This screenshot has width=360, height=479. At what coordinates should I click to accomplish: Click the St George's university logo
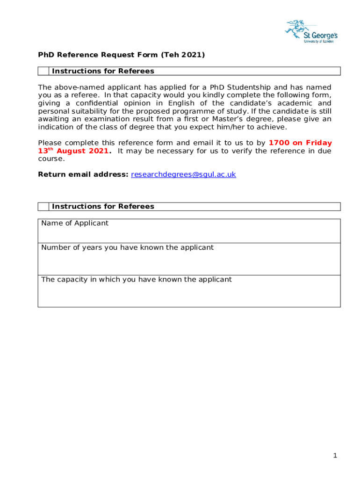pyautogui.click(x=311, y=31)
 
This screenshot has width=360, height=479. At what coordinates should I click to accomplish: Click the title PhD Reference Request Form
pyautogui.click(x=99, y=55)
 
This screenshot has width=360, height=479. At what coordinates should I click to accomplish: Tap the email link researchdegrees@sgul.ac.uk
pyautogui.click(x=183, y=174)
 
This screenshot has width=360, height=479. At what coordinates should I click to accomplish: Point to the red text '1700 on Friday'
pyautogui.click(x=300, y=143)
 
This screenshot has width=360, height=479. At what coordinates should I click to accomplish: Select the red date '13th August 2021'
pyautogui.click(x=74, y=151)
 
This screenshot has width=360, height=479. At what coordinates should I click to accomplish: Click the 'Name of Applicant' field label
pyautogui.click(x=75, y=223)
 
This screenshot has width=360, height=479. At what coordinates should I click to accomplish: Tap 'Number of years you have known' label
pyautogui.click(x=127, y=247)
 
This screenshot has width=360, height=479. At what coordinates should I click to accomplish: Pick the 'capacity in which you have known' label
pyautogui.click(x=136, y=280)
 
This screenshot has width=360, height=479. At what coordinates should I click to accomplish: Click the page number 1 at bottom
pyautogui.click(x=335, y=456)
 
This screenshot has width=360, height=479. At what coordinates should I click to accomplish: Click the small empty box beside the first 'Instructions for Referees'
pyautogui.click(x=43, y=71)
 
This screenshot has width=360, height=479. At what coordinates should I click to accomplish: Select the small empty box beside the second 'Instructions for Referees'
pyautogui.click(x=43, y=206)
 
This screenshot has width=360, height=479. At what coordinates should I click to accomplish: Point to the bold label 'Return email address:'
pyautogui.click(x=83, y=174)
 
